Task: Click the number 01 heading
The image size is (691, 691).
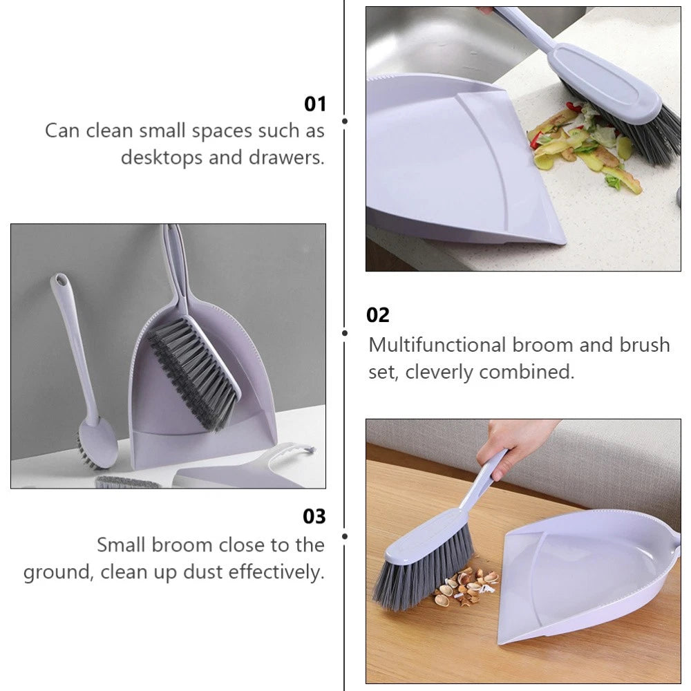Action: coord(314,104)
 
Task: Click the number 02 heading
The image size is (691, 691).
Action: coord(378,315)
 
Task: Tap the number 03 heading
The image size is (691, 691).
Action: coord(314,516)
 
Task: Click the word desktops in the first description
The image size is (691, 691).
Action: coord(162,158)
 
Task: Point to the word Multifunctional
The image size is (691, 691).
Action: coord(437,344)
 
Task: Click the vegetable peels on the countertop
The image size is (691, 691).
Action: coord(580,145)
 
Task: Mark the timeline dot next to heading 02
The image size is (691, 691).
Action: coord(345,332)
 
